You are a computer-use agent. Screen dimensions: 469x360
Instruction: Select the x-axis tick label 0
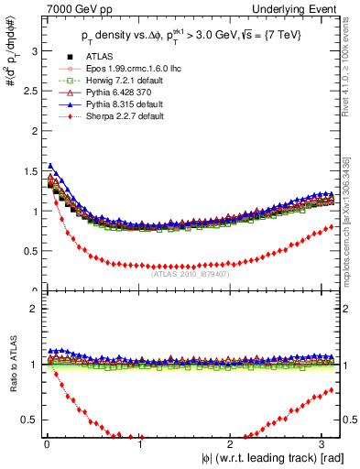tap(46, 445)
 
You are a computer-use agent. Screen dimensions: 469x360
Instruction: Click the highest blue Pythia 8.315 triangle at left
tap(49, 166)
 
